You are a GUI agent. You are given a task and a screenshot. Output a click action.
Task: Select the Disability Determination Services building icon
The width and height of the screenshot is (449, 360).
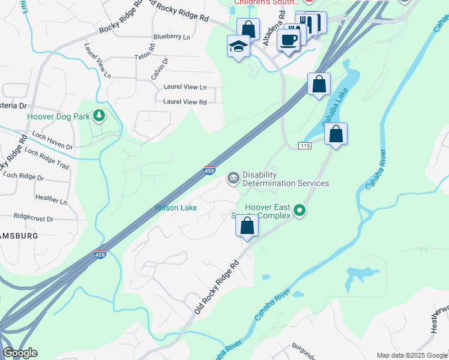coord(233,178)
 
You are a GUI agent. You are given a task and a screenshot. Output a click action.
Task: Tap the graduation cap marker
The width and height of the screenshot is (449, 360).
coord(238,46)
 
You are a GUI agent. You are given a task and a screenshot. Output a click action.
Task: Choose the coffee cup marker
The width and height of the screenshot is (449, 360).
coord(288,40)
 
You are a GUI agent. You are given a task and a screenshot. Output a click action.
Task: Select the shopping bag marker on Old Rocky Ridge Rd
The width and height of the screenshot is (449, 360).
coord(247,226)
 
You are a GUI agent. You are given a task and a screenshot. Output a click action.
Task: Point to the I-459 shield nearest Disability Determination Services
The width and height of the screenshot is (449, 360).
coord(210,171)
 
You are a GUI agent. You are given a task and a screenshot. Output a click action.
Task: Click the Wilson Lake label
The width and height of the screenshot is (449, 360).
coord(176,208)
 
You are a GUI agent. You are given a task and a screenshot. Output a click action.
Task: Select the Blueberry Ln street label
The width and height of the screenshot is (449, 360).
coord(171,37)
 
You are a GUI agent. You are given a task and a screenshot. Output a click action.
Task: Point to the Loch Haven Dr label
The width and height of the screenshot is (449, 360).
coord(52,142)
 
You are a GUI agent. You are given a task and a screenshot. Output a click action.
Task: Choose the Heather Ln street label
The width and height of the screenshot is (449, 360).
coord(51,199)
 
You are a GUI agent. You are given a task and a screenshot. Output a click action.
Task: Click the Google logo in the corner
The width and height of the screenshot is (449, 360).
coord(20,353)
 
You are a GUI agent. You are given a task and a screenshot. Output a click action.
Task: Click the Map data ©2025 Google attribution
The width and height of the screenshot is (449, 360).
coord(411,355)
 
